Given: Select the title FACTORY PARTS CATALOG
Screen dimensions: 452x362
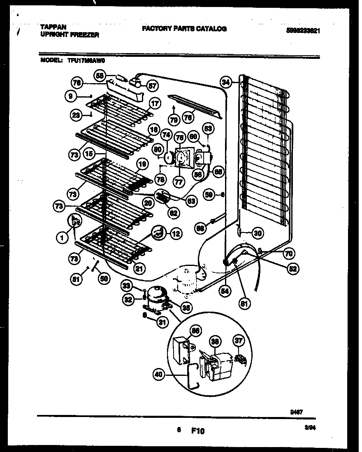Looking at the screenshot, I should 184,28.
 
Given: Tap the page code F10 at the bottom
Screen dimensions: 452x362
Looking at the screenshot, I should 197,431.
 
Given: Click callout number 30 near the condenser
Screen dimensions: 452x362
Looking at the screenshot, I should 257,233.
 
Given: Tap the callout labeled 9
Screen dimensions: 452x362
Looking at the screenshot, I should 70,96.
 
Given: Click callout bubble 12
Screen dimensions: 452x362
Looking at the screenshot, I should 176,234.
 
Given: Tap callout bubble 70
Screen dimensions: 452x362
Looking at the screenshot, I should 288,254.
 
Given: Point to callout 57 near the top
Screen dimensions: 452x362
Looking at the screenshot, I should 152,86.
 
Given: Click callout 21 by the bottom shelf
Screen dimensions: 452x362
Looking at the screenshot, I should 139,269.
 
